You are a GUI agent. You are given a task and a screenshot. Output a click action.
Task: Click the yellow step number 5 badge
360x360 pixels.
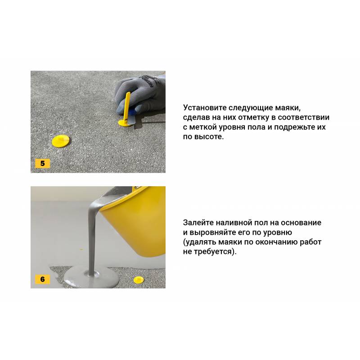[x=42, y=163]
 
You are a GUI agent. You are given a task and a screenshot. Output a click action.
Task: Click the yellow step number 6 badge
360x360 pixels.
[x=42, y=279]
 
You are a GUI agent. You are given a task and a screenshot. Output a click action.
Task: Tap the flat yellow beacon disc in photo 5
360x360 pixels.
[x=60, y=141]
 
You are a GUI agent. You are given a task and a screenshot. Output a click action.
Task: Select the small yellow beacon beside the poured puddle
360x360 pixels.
[x=139, y=280]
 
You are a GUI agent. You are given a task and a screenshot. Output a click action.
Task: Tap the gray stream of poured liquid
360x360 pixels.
[x=93, y=237]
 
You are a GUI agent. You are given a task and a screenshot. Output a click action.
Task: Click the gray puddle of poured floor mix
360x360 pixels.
[x=91, y=277]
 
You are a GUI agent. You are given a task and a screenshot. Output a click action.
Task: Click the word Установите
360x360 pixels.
[x=205, y=108]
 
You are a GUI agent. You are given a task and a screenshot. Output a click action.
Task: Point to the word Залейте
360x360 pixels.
[x=198, y=222]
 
